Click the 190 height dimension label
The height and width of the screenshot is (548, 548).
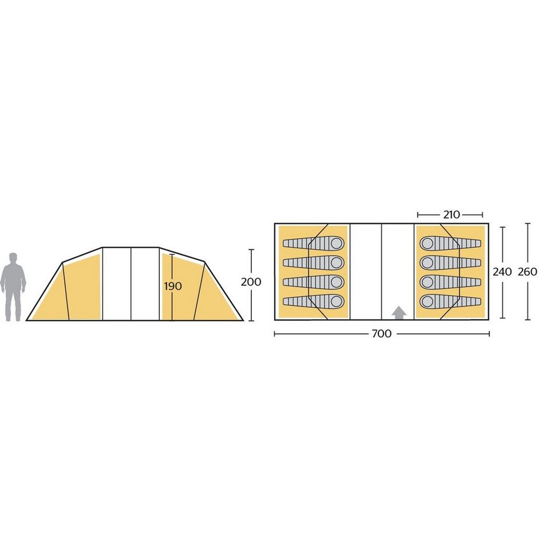point(173,286)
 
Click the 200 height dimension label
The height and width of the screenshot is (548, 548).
point(251,281)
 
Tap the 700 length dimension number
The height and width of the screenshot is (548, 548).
point(382,334)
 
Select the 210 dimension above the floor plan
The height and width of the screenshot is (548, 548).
point(451,215)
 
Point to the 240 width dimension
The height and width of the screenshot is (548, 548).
point(502,272)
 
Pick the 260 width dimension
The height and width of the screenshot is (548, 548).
point(527,272)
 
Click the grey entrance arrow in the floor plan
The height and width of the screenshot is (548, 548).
point(399,313)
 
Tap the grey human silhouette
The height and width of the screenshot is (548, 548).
point(13,287)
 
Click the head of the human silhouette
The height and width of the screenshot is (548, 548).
point(13,258)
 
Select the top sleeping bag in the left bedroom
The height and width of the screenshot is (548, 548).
point(313,244)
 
